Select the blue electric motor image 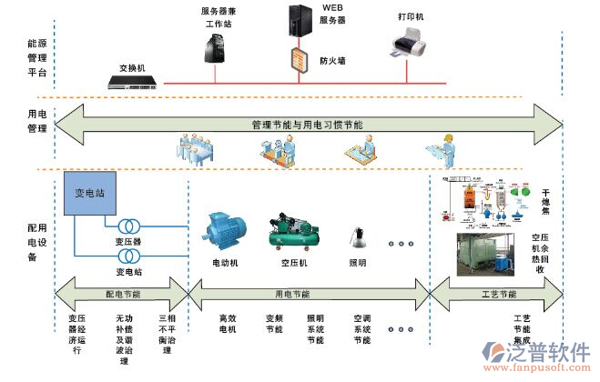(221, 231)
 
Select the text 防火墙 (331, 61)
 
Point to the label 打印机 (411, 17)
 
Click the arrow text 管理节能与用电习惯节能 (307, 124)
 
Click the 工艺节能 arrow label (496, 295)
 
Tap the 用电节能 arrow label (291, 295)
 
